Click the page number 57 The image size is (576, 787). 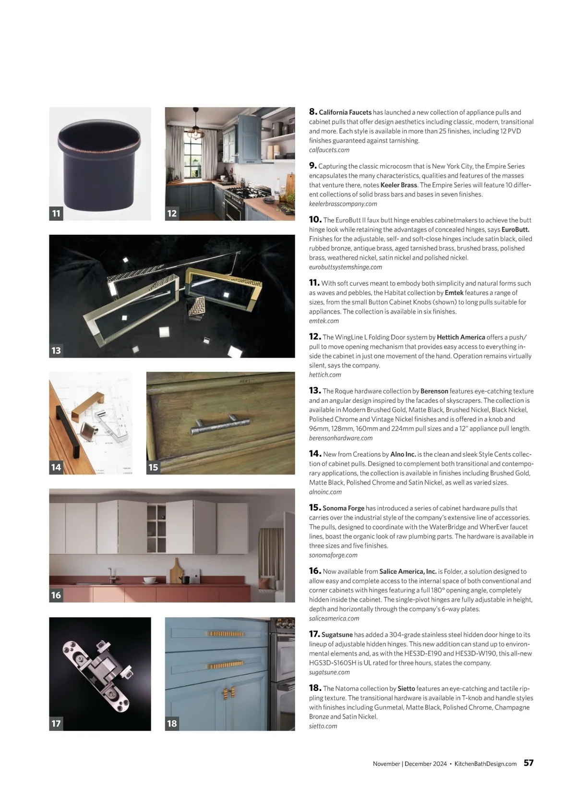coord(528,763)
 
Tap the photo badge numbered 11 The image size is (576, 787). coord(56,213)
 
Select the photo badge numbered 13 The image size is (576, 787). coord(56,351)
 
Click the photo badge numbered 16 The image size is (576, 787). coord(56,595)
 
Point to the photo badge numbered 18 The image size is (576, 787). coord(172,724)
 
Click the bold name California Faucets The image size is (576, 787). coord(345,112)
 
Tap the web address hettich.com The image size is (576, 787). coord(325,375)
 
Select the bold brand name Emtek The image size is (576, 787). coord(454,293)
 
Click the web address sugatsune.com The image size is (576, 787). coord(329,672)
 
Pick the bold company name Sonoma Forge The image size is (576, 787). coord(343,508)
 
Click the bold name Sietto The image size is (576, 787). coord(406,689)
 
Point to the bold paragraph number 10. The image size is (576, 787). coord(315,219)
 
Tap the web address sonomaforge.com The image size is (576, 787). coord(333,555)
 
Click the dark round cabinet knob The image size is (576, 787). coord(99,163)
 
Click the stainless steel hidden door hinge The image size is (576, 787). coord(98,672)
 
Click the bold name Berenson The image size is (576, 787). coord(434,391)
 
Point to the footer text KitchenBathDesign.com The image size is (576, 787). coord(485,764)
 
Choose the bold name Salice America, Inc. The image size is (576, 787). coord(408,571)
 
